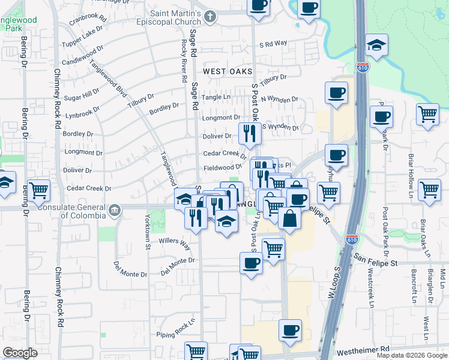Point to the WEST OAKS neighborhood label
pos(227,71)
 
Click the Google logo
pos(20,353)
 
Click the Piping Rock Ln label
pos(176,329)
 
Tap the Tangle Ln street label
pos(216,97)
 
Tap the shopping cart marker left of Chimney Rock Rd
pos(38,191)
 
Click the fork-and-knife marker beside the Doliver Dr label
pos(250,133)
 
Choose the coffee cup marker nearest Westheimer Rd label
pos(290,331)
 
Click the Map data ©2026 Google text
pos(412,355)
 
